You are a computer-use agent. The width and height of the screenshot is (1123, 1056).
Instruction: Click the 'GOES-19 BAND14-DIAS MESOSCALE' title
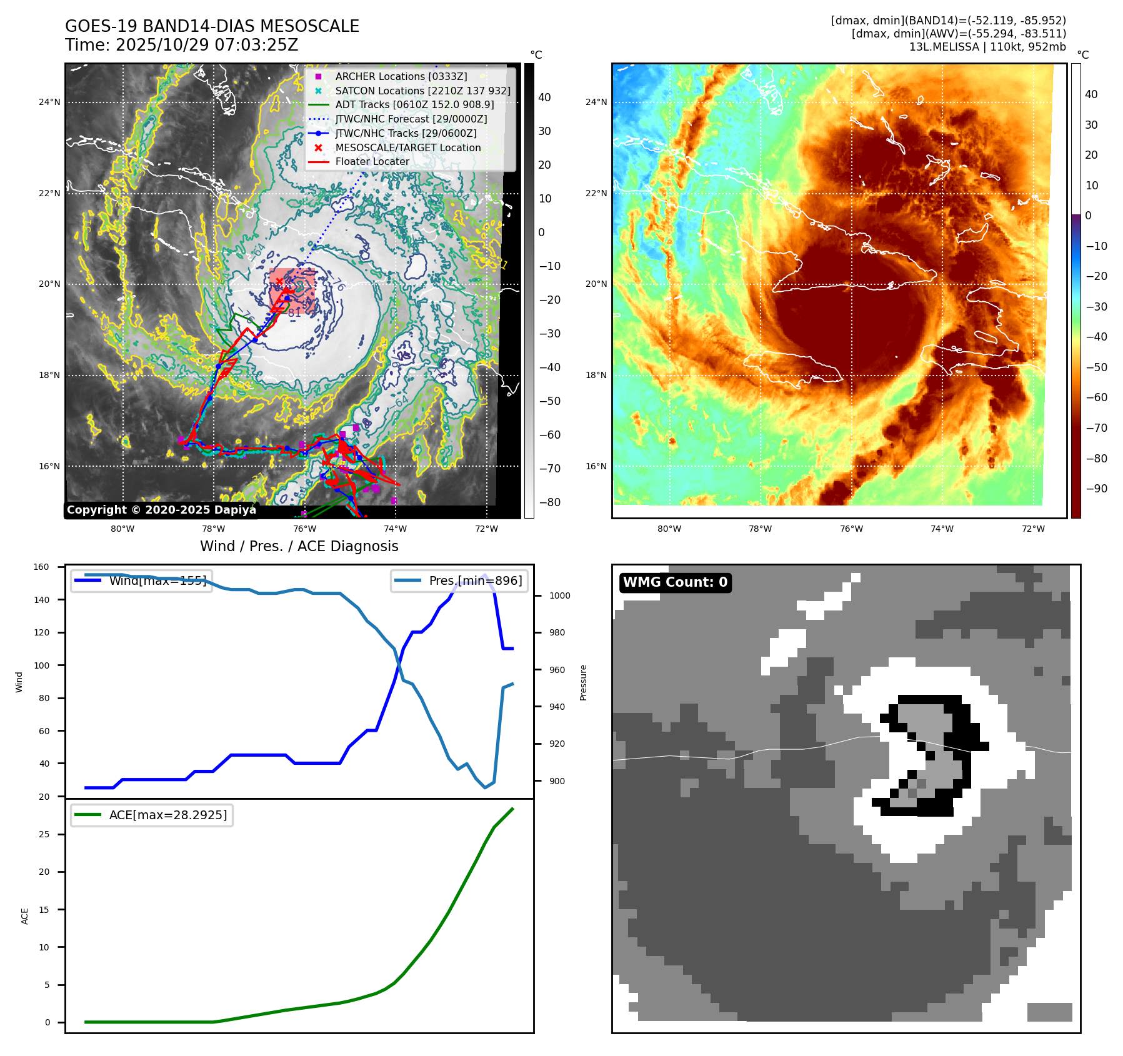[212, 26]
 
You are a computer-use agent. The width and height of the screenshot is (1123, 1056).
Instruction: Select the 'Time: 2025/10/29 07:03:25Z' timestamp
[181, 45]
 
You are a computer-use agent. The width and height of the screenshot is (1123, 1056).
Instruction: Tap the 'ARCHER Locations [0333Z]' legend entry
[401, 76]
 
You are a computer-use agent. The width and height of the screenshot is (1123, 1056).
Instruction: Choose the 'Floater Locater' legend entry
[372, 161]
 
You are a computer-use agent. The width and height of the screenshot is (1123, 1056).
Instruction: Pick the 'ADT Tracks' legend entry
[414, 104]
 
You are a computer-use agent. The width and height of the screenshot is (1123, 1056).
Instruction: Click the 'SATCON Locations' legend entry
[422, 91]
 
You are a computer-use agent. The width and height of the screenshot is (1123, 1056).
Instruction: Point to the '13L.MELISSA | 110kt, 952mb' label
[987, 47]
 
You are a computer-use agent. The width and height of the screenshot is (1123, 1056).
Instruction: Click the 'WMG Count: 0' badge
[675, 582]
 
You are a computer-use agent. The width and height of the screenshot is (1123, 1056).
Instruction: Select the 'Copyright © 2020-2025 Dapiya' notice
[161, 510]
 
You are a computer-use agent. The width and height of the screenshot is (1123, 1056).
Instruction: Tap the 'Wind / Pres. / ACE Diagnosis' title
[299, 546]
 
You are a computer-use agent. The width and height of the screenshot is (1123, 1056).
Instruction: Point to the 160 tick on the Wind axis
[41, 567]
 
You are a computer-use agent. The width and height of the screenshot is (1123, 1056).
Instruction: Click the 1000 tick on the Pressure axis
[559, 595]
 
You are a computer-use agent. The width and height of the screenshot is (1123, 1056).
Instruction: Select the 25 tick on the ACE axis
[44, 834]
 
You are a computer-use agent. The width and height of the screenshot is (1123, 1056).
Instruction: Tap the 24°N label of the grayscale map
[49, 102]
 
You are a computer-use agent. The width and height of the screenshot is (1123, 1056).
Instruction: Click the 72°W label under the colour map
[1033, 529]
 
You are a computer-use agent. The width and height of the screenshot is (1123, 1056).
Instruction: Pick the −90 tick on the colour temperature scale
[1096, 489]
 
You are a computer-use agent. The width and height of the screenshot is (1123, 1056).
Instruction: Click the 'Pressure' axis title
[583, 682]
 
